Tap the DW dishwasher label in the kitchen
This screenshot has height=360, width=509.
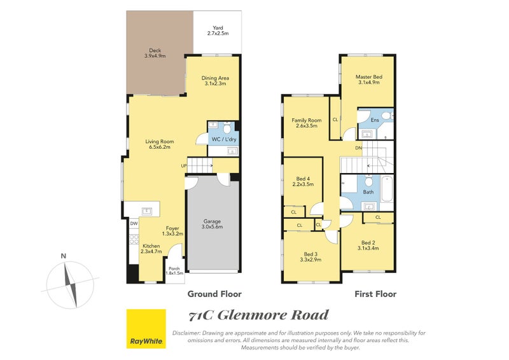tap(134, 224)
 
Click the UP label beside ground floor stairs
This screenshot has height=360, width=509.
tap(184, 166)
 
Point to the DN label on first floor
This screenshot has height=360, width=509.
tap(358, 148)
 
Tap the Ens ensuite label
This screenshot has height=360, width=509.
tap(375, 120)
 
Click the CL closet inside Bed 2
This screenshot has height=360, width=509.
tap(378, 218)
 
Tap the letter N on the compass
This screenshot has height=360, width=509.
tap(62, 256)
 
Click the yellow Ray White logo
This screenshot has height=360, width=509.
tap(146, 329)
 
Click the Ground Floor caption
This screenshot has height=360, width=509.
tap(214, 294)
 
